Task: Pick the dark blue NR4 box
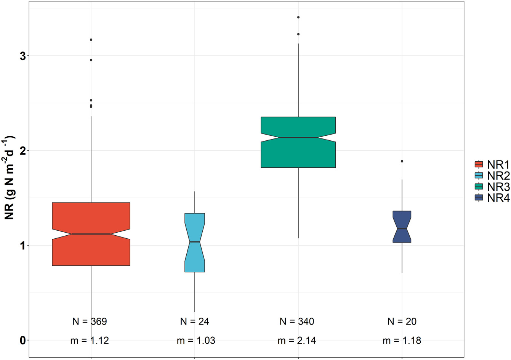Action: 402,221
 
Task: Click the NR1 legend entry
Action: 492,164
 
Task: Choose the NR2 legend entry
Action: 492,175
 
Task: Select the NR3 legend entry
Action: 492,186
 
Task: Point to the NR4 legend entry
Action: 492,198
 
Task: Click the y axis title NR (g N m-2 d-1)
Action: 9,177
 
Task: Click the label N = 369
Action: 90,321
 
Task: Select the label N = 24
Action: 195,321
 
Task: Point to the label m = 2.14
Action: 297,341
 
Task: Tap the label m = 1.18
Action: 402,341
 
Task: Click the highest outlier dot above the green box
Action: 298,17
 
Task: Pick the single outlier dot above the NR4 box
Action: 402,161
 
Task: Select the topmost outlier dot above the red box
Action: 91,40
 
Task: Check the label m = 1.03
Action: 196,341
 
